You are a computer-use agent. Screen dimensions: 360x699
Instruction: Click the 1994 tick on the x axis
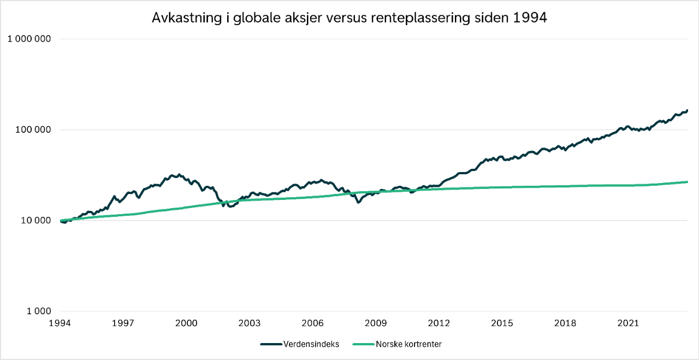tap(60, 323)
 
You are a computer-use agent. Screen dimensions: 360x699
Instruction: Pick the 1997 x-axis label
tap(123, 323)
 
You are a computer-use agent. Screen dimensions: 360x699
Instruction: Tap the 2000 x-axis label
tap(187, 323)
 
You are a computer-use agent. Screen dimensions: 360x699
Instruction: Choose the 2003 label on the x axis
tap(250, 323)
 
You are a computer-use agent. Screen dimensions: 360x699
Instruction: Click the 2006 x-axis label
tap(313, 323)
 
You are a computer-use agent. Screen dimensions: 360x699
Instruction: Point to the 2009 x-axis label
tap(376, 323)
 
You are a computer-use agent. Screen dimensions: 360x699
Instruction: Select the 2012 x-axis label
tap(439, 323)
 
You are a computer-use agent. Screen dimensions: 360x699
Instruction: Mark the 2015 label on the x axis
tap(502, 323)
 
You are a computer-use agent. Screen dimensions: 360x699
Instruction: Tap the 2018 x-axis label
tap(565, 323)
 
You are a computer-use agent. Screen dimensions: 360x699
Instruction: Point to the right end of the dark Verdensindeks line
tap(687, 110)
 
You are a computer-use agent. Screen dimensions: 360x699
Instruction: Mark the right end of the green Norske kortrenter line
tap(687, 182)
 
